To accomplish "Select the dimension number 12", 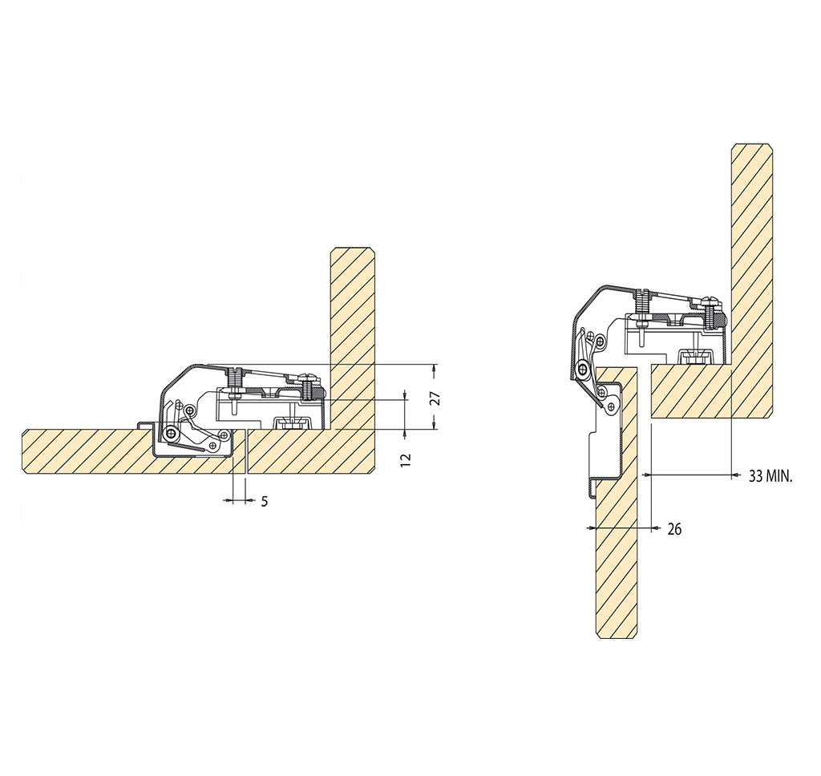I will pos(406,459).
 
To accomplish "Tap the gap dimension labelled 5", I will pos(265,502).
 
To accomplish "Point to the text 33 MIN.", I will pos(770,476).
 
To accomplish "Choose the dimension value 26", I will pos(674,529).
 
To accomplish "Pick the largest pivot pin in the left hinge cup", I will pos(171,434).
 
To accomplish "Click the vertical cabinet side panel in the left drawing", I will pos(352,337).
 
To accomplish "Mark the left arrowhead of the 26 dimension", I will pos(591,527).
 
